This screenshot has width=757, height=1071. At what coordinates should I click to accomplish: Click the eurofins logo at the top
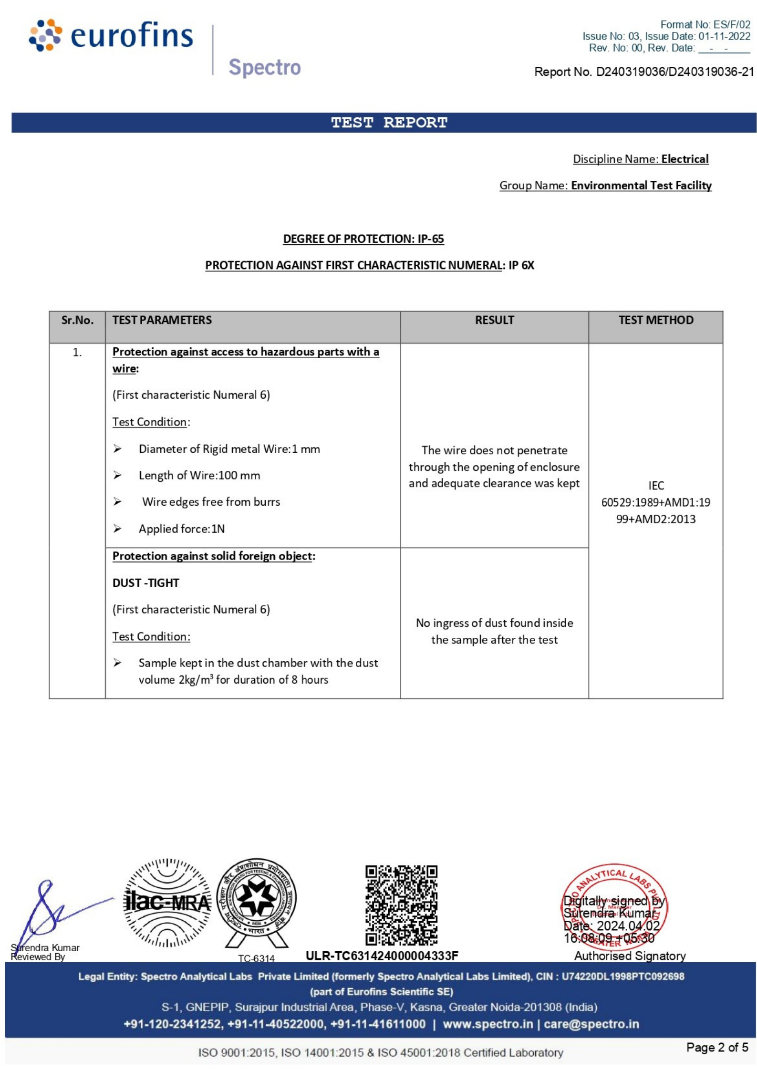(111, 35)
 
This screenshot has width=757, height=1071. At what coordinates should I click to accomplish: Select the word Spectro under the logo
(264, 67)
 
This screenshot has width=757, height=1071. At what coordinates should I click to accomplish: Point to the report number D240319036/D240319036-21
(674, 72)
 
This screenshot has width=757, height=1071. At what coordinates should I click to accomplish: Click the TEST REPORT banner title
(389, 123)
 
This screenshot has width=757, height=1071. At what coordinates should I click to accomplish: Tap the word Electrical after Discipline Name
(684, 159)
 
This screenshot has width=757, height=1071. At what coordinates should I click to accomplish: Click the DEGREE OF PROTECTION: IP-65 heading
(363, 239)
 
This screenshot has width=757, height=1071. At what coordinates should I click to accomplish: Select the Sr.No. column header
(77, 320)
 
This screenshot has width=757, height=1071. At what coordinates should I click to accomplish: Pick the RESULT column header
(494, 320)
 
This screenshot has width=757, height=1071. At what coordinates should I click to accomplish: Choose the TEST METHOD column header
(655, 320)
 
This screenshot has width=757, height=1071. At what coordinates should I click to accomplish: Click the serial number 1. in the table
(77, 353)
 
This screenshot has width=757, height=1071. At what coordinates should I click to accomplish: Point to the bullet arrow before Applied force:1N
(117, 529)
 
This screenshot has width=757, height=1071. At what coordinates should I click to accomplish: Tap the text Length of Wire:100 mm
(199, 475)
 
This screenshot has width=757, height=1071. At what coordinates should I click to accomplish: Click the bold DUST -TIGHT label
(145, 582)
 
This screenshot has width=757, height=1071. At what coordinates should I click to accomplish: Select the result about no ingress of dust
(494, 631)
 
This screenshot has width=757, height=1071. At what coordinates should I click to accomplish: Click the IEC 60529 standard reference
(655, 502)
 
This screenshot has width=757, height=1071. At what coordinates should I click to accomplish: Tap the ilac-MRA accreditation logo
(167, 903)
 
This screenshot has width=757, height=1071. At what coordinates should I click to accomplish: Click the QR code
(401, 905)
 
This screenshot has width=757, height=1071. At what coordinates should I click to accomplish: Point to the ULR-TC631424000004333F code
(382, 955)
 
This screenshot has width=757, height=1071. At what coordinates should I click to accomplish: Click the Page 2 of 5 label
(716, 1047)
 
